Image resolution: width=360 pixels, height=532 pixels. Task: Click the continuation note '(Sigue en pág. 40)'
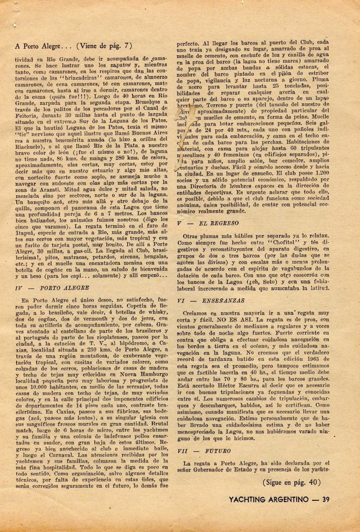292,482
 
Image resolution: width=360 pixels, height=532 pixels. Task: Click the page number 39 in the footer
326,499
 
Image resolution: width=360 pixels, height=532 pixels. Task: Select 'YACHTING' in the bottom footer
249,499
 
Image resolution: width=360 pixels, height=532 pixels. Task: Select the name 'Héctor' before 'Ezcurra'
222,385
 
